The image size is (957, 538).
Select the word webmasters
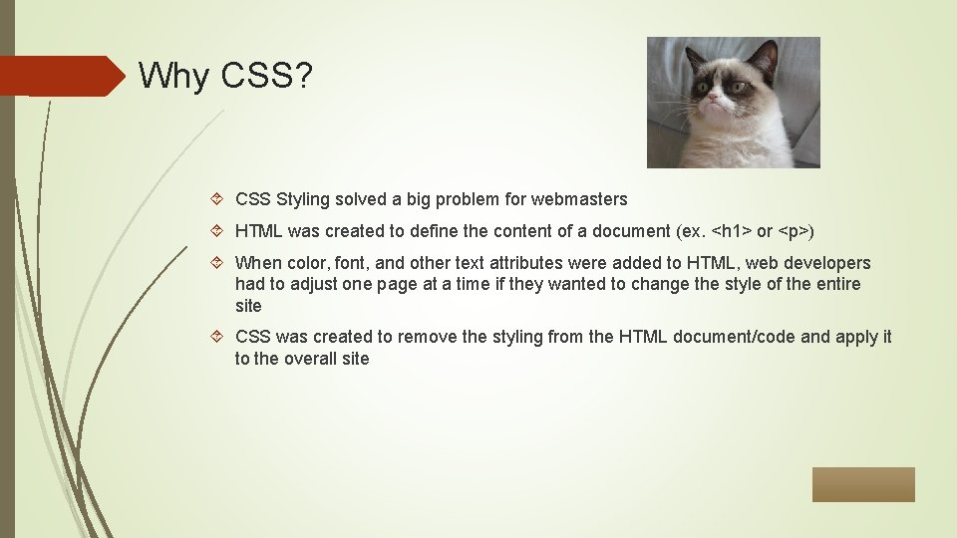pyautogui.click(x=579, y=199)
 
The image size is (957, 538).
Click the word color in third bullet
pyautogui.click(x=305, y=263)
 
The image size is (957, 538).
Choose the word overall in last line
pyautogui.click(x=309, y=359)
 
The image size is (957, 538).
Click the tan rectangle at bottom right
pyautogui.click(x=862, y=484)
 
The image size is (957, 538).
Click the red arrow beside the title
pyautogui.click(x=60, y=76)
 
